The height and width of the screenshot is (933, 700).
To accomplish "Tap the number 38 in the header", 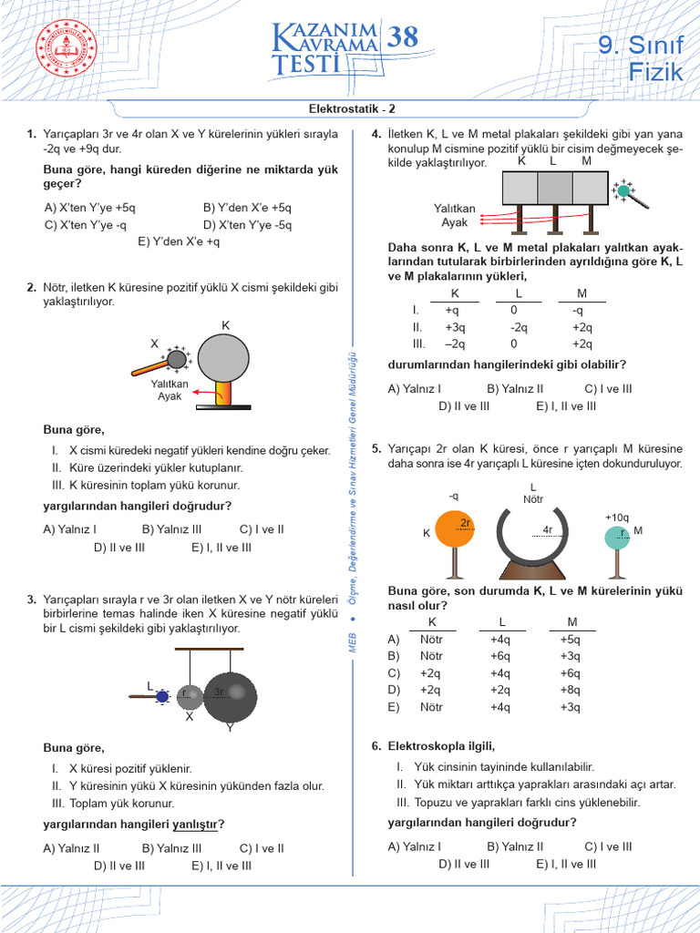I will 402,36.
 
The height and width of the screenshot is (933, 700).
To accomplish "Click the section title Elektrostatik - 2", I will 349,108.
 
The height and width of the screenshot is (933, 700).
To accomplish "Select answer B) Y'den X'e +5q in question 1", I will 247,207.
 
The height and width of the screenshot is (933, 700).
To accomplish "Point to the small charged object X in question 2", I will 176,359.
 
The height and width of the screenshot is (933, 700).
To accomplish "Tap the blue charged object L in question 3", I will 162,697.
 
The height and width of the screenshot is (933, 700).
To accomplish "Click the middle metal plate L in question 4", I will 554,188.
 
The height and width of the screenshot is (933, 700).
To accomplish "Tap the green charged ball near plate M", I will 624,190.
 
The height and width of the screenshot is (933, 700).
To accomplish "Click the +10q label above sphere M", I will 617,517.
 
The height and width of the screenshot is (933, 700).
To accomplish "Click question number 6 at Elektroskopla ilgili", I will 376,746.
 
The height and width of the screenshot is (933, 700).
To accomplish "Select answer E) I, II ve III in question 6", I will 566,864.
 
